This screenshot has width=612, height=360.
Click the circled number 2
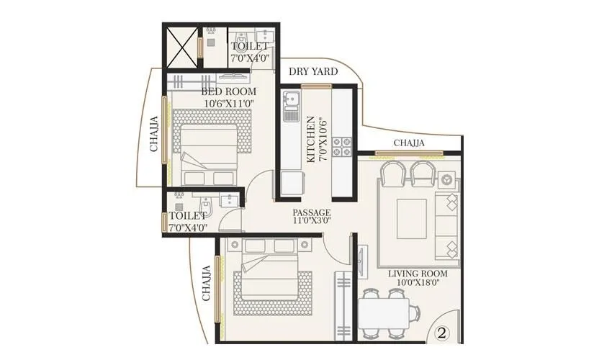(x=442, y=334)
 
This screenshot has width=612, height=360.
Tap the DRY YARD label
(x=313, y=72)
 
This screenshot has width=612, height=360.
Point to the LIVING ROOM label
(x=418, y=274)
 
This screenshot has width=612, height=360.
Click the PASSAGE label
(x=311, y=212)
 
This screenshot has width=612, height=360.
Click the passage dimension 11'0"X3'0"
(x=311, y=221)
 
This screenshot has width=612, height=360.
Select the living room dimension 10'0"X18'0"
(x=418, y=283)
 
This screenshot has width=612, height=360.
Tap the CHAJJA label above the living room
(x=409, y=143)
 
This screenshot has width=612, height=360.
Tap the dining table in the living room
(x=388, y=312)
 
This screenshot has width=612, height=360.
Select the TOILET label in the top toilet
(x=248, y=47)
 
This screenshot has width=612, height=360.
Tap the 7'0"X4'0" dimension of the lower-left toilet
(x=187, y=227)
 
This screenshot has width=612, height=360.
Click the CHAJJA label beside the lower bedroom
(x=206, y=282)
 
